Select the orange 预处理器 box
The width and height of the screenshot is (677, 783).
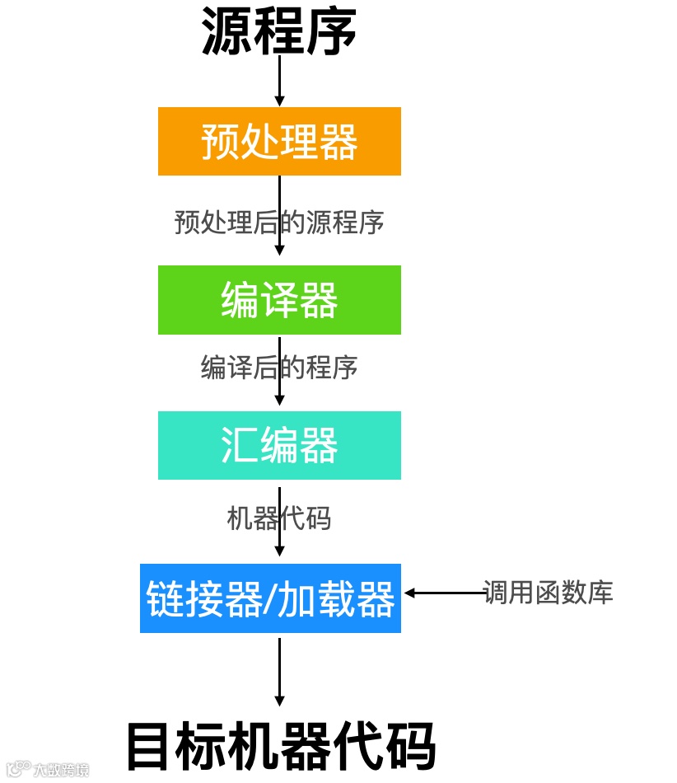click(x=279, y=141)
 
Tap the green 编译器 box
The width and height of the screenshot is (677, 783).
click(x=279, y=300)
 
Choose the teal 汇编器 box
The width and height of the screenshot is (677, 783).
click(x=279, y=446)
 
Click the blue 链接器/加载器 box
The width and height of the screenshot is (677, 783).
click(x=270, y=598)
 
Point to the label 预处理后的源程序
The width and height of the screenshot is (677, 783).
click(x=279, y=223)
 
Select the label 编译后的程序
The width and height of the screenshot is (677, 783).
click(x=279, y=367)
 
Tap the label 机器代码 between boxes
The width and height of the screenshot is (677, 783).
click(x=279, y=518)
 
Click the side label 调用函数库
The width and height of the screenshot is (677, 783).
click(x=549, y=593)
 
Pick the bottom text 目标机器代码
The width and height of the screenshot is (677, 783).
click(x=280, y=746)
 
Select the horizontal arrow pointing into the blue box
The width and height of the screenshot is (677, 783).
click(x=445, y=593)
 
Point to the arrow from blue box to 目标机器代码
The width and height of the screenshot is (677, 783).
click(x=279, y=672)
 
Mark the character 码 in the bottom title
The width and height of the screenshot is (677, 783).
click(x=409, y=746)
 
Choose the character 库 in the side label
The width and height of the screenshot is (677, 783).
click(x=599, y=593)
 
